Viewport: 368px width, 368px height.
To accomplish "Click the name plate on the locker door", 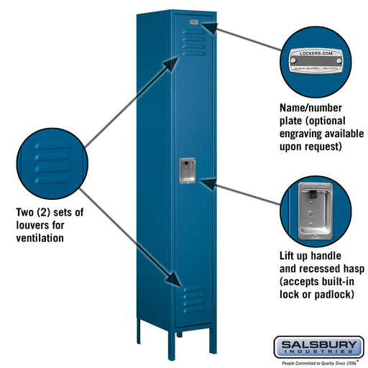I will (194, 24).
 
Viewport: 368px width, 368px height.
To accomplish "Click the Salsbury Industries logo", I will (318, 346).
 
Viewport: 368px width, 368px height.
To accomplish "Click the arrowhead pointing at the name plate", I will (208, 27).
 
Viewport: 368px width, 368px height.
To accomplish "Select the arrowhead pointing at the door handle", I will (206, 183).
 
